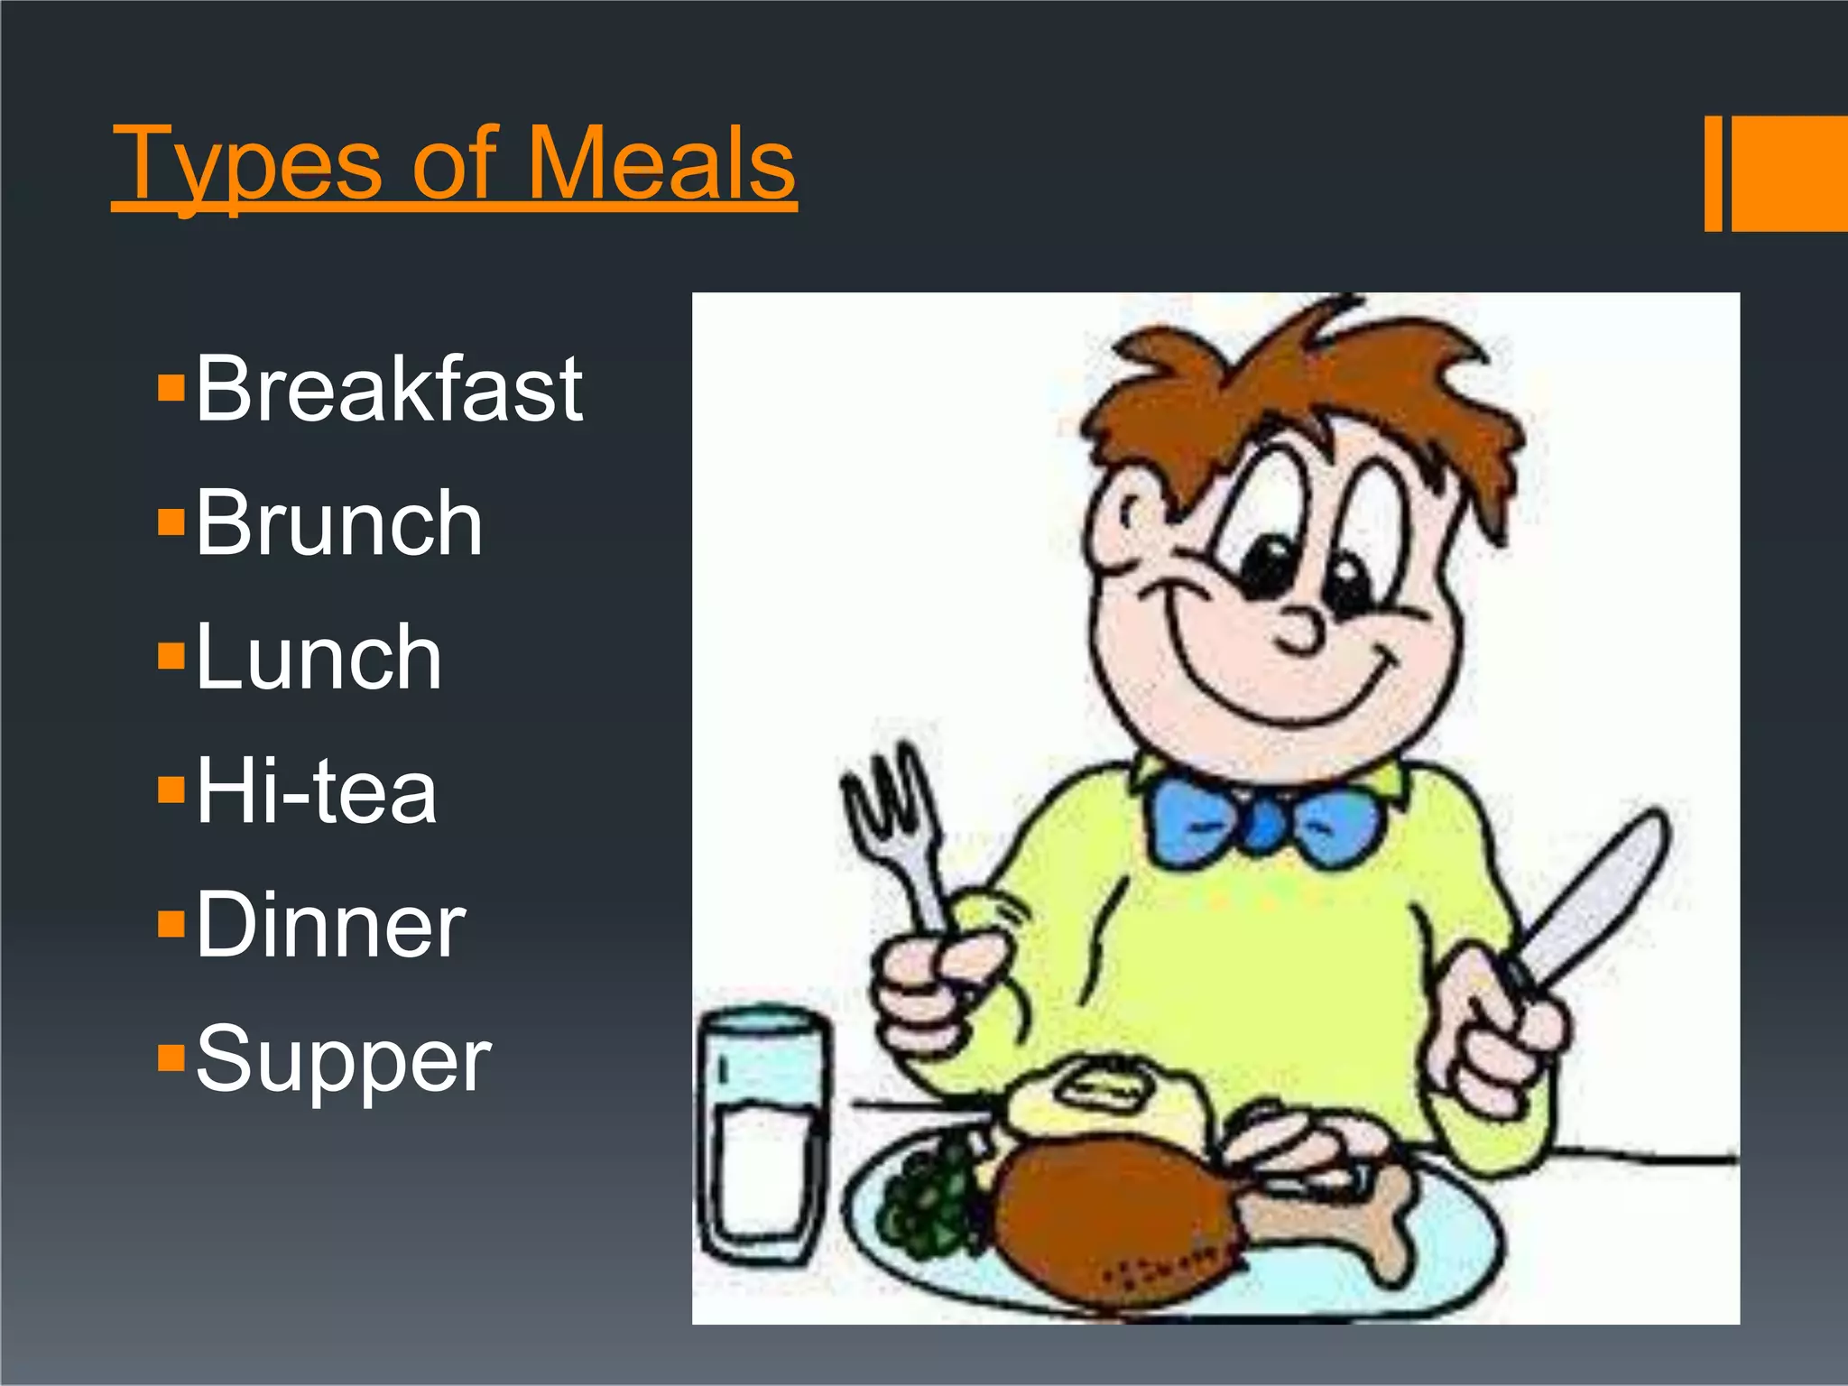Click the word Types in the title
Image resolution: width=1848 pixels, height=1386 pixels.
tap(248, 164)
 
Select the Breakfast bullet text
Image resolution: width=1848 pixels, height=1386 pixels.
tap(389, 389)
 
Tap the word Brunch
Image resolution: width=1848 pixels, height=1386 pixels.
tap(338, 523)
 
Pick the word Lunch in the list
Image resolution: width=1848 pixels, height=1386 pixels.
tap(319, 658)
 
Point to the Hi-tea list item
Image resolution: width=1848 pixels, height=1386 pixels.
tap(316, 791)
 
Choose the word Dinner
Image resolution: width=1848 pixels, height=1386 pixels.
tap(330, 925)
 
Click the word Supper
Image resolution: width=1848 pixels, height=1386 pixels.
tap(343, 1059)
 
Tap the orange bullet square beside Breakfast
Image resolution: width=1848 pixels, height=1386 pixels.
tap(171, 389)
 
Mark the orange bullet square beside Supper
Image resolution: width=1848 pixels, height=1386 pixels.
tap(171, 1057)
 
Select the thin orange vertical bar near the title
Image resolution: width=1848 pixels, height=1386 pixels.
tap(1713, 173)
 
